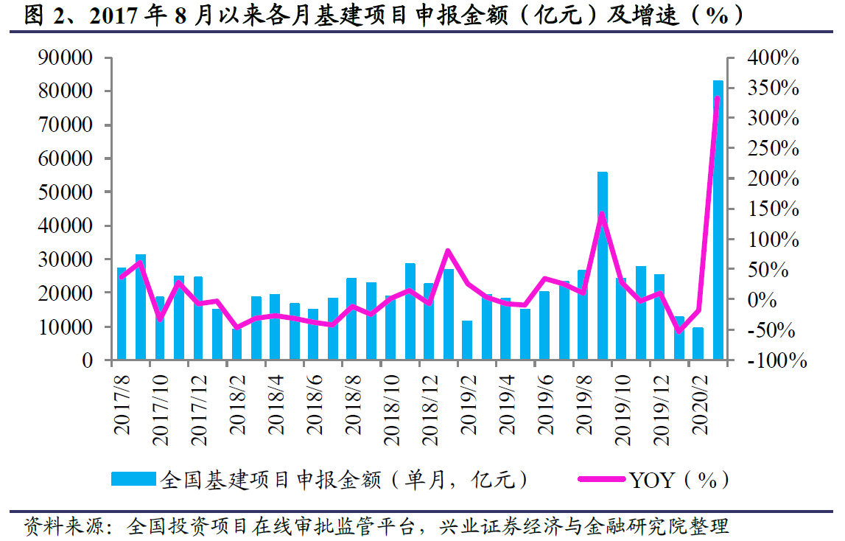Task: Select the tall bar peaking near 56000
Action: [603, 265]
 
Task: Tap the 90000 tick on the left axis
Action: [66, 58]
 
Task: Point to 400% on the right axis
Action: [771, 58]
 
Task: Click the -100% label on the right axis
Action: [774, 361]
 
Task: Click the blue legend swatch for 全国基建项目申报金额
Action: [133, 480]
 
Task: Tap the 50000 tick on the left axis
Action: [66, 192]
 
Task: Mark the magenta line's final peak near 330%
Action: [718, 99]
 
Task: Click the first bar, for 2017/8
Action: [122, 314]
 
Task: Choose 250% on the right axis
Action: [771, 149]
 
